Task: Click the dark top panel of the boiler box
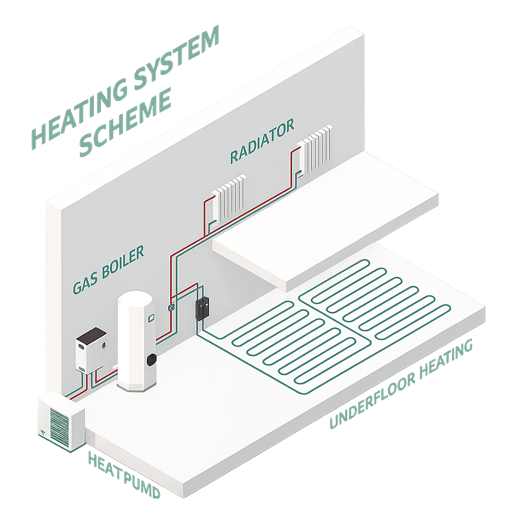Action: coord(92,336)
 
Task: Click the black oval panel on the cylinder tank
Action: coord(151,359)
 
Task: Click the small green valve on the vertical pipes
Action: coord(172,307)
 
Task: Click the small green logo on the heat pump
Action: coord(44,432)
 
